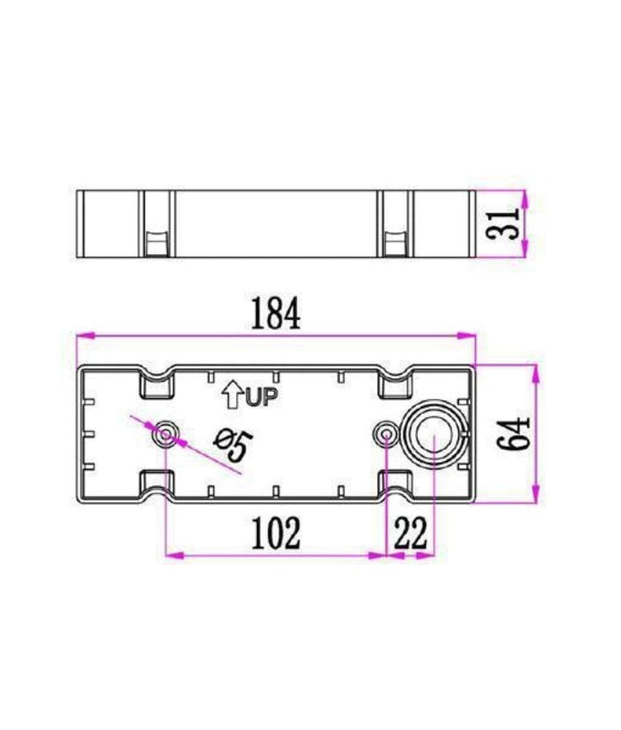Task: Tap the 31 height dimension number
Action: coord(501,223)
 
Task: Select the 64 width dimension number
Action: coord(513,434)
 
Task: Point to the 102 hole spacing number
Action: coord(276,533)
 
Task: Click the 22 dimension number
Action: coord(411,533)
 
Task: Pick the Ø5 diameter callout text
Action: coord(233,445)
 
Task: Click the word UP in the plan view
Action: coord(261,397)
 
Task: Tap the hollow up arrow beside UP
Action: coord(232,395)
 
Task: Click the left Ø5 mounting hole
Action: coord(166,434)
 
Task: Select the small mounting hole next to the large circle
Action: coord(386,434)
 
